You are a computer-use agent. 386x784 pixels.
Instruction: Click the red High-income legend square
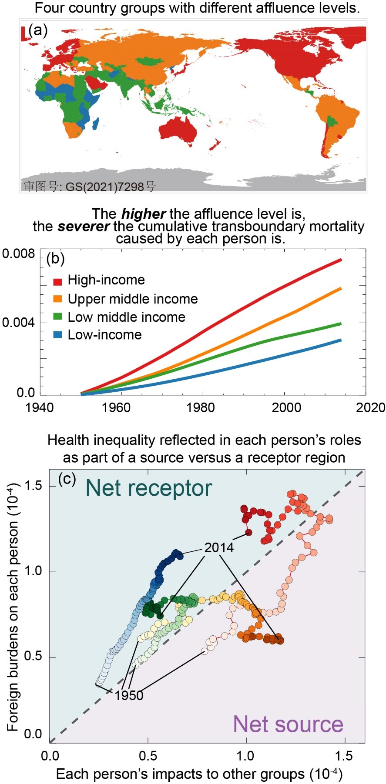(x=57, y=281)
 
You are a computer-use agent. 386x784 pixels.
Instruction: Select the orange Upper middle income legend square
(x=57, y=300)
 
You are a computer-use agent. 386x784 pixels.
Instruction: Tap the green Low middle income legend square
(x=57, y=317)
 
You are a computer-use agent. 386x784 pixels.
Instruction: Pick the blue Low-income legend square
(x=57, y=335)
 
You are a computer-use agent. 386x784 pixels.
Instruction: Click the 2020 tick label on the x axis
(x=370, y=407)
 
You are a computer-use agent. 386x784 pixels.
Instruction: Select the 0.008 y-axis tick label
(x=18, y=254)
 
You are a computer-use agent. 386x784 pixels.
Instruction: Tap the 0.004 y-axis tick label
(x=18, y=323)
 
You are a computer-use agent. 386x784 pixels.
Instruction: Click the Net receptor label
(x=148, y=488)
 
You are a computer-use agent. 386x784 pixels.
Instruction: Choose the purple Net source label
(x=288, y=724)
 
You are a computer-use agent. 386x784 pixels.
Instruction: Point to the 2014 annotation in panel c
(x=219, y=547)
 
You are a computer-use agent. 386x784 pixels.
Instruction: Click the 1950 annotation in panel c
(x=129, y=695)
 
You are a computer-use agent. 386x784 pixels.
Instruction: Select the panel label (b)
(x=55, y=259)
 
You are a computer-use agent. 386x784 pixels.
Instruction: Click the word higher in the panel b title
(x=143, y=214)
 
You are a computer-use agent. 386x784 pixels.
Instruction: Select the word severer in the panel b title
(x=83, y=227)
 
